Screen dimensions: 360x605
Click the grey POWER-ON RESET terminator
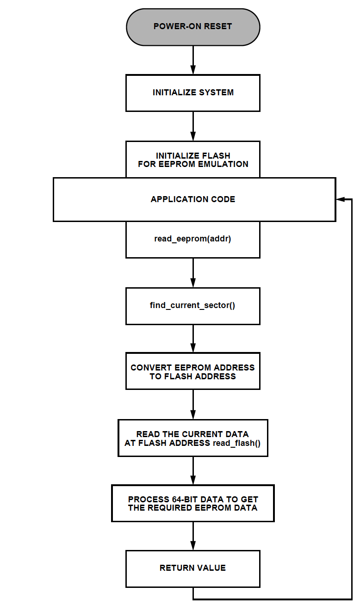193,27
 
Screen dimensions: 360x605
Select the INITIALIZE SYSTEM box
193,93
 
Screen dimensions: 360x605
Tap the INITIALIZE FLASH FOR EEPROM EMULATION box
193,160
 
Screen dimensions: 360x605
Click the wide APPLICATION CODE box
194,200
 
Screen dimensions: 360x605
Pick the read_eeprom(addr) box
193,240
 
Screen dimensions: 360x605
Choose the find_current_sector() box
193,306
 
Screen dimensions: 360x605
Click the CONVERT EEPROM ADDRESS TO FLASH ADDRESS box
193,371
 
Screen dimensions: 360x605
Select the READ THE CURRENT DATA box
193,438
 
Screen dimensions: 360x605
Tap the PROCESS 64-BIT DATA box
193,503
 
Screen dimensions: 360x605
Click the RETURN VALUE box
193,569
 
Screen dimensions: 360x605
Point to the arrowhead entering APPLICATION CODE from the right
340,199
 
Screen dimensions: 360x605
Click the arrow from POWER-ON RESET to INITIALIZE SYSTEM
193,60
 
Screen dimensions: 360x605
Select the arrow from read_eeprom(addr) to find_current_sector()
193,273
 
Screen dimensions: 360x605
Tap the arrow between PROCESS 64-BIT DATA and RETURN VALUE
193,536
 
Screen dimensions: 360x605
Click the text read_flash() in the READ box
237,443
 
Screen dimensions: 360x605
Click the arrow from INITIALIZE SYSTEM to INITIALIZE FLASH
193,126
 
